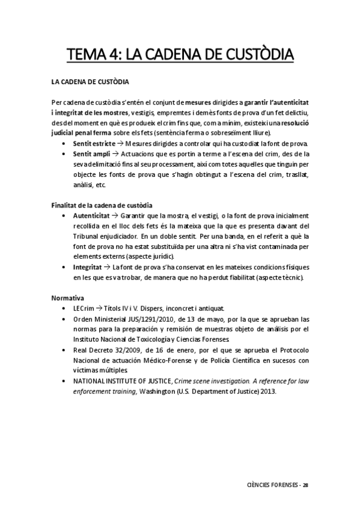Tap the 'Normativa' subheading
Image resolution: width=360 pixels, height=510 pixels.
pos(68,298)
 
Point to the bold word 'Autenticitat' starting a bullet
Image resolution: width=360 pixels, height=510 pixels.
pos(91,215)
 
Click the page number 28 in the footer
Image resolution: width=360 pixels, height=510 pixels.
pos(305,485)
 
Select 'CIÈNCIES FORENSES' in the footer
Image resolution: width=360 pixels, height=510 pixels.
pos(273,485)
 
